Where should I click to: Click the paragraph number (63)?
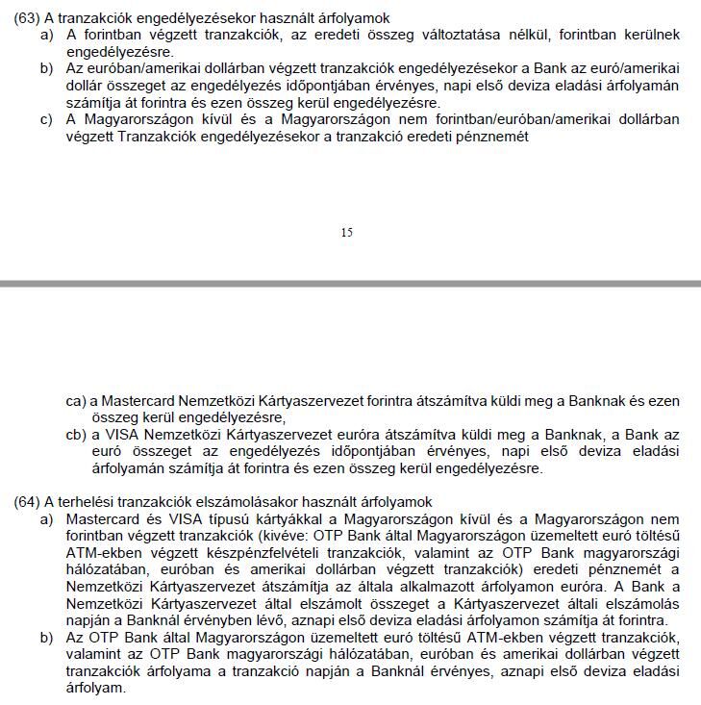(27, 18)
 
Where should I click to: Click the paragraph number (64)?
(27, 502)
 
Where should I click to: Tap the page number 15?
(346, 232)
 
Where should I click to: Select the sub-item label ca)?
(77, 400)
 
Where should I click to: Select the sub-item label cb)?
(77, 435)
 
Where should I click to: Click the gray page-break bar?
(350, 284)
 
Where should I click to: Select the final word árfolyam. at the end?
(95, 690)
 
